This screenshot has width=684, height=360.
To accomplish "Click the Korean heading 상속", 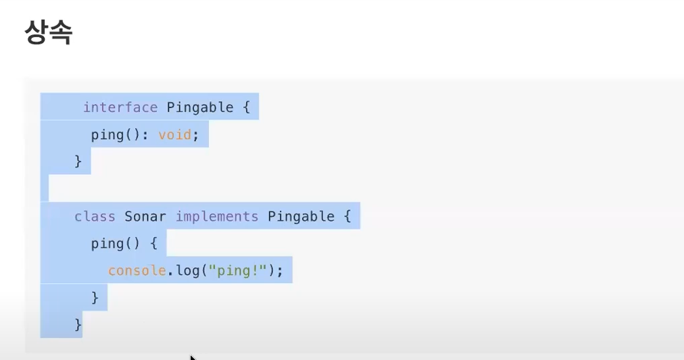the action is tap(48, 32).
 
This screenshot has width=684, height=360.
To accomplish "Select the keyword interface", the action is tap(120, 107).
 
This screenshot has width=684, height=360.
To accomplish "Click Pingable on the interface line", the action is tap(200, 107).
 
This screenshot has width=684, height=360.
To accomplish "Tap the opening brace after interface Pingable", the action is tap(247, 107).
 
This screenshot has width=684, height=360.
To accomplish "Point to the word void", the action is tap(175, 134).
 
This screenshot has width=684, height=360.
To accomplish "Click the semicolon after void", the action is tap(196, 134).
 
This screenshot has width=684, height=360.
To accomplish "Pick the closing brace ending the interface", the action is tap(78, 161).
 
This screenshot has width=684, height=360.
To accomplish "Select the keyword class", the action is tap(95, 217).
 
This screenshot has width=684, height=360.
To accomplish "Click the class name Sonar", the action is tap(145, 217).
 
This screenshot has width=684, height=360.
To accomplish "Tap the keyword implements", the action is tap(217, 217).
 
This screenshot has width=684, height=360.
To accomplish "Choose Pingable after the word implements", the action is tap(301, 217).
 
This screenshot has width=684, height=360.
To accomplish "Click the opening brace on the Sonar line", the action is tap(347, 217).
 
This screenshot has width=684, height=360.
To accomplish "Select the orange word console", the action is tap(137, 270).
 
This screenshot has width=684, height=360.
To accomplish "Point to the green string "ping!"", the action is tap(238, 270).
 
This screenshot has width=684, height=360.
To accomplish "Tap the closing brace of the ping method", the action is tap(95, 297).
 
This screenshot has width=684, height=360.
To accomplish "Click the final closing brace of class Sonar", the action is tap(78, 324).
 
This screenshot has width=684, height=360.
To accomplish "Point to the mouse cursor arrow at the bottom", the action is tap(193, 357).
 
